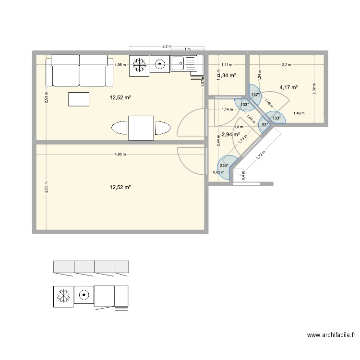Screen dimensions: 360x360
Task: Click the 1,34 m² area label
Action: click(228, 75)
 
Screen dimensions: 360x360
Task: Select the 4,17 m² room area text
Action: click(288, 87)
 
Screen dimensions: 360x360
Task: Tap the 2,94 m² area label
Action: click(230, 135)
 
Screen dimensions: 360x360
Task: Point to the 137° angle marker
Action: click(255, 95)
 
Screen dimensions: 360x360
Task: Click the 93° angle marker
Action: click(264, 125)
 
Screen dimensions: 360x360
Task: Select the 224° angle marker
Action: click(224, 167)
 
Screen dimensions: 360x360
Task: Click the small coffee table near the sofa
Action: click(79, 99)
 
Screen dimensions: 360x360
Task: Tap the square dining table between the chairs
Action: click(141, 128)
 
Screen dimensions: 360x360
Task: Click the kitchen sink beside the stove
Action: click(184, 63)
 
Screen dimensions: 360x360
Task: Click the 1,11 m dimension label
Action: click(227, 64)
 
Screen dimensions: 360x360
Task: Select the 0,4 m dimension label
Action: click(243, 175)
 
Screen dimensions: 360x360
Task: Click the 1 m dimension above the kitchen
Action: click(187, 49)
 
